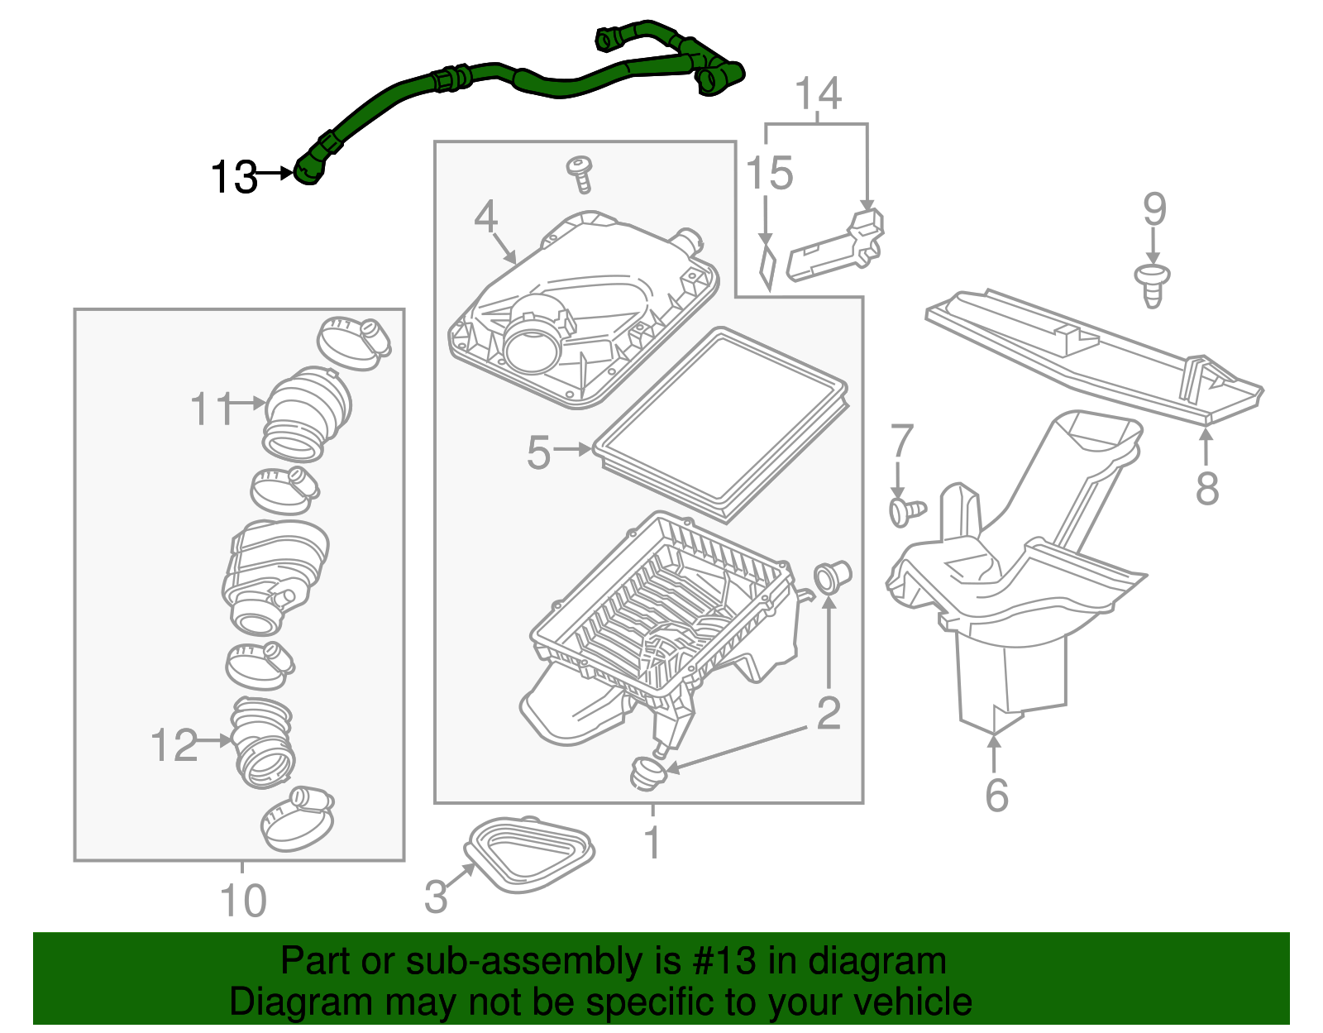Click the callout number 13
pyautogui.click(x=234, y=177)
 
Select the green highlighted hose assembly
pyautogui.click(x=529, y=80)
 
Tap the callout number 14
pyautogui.click(x=818, y=93)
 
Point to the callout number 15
pyautogui.click(x=769, y=174)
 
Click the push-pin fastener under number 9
pyautogui.click(x=1153, y=285)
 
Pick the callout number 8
pyautogui.click(x=1206, y=488)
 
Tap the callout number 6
pyautogui.click(x=996, y=795)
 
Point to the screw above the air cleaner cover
pyautogui.click(x=580, y=173)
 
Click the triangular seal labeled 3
pyautogui.click(x=529, y=854)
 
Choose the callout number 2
pyautogui.click(x=828, y=713)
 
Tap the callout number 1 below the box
pyautogui.click(x=652, y=843)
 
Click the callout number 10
pyautogui.click(x=243, y=901)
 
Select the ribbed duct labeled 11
pyautogui.click(x=306, y=411)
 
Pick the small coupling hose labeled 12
pyautogui.click(x=262, y=742)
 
